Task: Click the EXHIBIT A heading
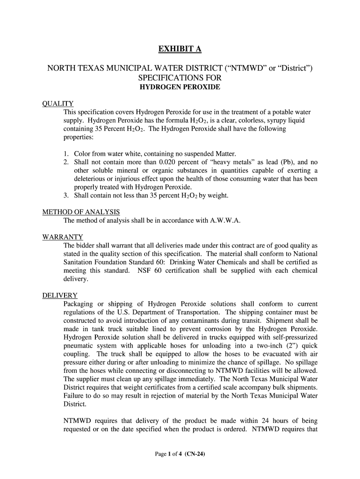pyautogui.click(x=180, y=49)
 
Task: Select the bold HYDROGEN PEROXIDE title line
pyautogui.click(x=180, y=87)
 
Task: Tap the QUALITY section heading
pyautogui.click(x=58, y=103)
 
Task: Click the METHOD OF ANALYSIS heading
pyautogui.click(x=81, y=212)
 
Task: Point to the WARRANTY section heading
pyautogui.click(x=63, y=237)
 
